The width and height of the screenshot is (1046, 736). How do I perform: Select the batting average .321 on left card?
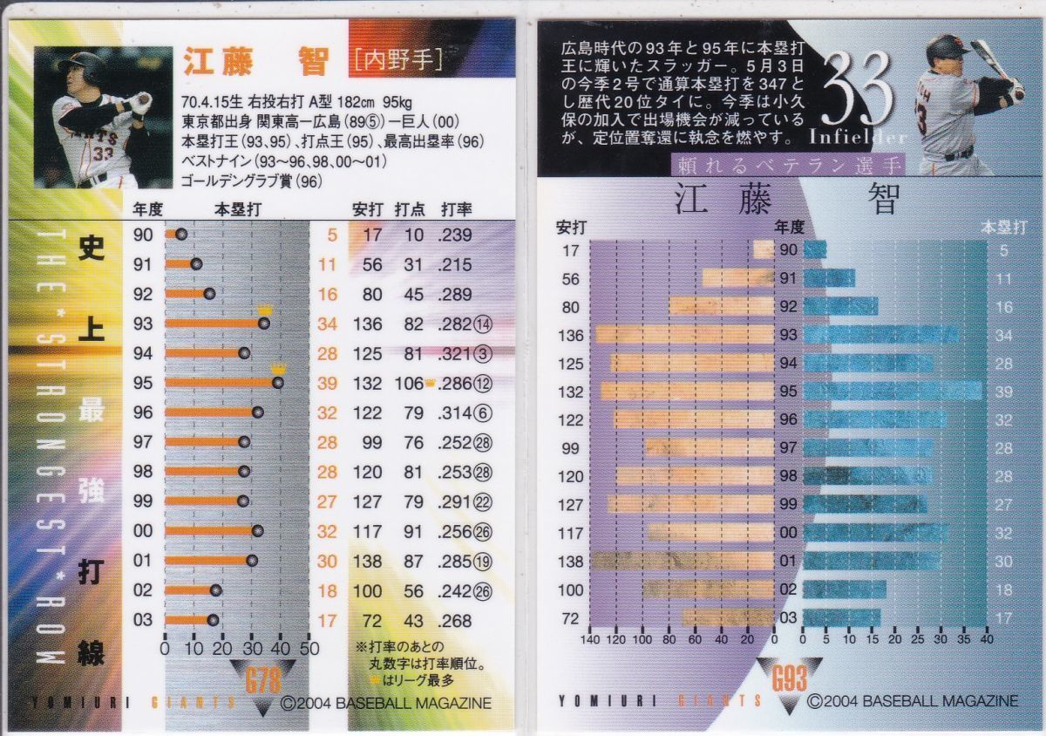pos(455,353)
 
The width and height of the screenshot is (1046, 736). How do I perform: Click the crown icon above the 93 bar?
pos(264,310)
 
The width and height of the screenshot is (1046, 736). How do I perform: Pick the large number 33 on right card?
pos(858,91)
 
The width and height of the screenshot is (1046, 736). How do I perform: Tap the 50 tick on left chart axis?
pos(309,651)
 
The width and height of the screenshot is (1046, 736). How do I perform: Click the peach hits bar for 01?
pos(683,561)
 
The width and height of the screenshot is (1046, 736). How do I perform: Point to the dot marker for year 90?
pos(181,234)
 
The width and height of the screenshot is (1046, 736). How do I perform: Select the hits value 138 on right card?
pos(570,562)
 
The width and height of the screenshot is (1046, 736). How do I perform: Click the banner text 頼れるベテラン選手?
pos(788,165)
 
